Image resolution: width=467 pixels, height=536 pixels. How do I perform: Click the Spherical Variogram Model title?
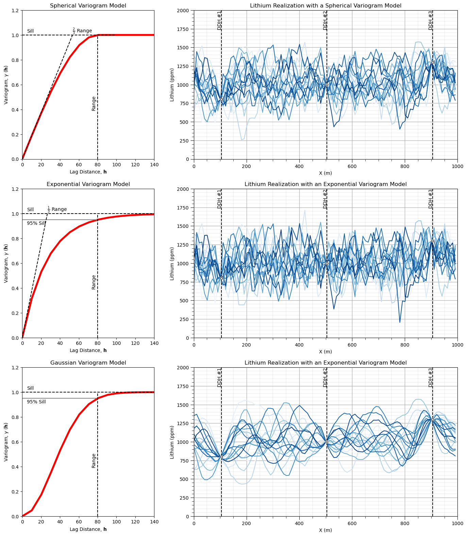[x=88, y=6]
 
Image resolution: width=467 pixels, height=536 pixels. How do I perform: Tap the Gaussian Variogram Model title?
[x=88, y=363]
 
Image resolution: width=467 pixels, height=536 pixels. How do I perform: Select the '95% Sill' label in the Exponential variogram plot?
[x=36, y=223]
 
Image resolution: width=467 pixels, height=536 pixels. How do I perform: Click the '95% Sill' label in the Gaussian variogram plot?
[x=36, y=402]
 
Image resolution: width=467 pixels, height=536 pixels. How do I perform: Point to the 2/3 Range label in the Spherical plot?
[x=82, y=31]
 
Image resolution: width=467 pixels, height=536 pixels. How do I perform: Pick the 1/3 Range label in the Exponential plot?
[x=57, y=209]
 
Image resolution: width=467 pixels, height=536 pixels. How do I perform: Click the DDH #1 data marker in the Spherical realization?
[x=221, y=100]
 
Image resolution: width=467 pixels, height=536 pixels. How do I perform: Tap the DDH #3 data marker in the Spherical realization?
[x=433, y=62]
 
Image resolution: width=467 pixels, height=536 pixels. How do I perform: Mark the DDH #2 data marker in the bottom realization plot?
[x=327, y=442]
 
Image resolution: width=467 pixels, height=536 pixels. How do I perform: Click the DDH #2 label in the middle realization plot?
[x=325, y=199]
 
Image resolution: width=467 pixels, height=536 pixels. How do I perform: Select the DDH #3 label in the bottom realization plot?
[x=431, y=377]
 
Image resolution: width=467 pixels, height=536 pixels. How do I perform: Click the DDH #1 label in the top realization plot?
[x=219, y=20]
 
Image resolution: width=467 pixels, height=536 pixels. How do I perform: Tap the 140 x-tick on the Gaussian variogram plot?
[x=154, y=522]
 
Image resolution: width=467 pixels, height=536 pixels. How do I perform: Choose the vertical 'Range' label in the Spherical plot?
[x=94, y=104]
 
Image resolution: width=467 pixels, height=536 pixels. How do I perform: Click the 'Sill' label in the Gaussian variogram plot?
[x=30, y=388]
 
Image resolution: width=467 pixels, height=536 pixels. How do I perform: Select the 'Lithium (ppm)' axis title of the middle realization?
[x=172, y=263]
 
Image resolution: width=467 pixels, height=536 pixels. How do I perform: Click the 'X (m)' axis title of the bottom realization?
[x=326, y=530]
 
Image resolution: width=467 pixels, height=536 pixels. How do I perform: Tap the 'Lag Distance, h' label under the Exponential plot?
[x=88, y=350]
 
